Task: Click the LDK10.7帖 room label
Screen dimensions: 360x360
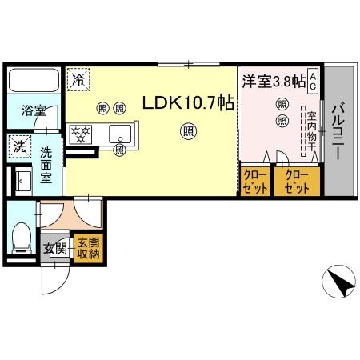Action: pyautogui.click(x=189, y=102)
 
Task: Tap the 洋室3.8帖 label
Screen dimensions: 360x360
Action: pyautogui.click(x=274, y=82)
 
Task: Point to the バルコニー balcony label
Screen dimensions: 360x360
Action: pyautogui.click(x=338, y=131)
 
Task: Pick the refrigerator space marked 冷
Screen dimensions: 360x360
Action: pyautogui.click(x=78, y=79)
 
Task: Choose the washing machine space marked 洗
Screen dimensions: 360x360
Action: pyautogui.click(x=20, y=146)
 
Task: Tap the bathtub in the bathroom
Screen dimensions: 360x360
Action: pyautogui.click(x=34, y=80)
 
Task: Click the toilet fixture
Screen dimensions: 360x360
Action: pyautogui.click(x=22, y=238)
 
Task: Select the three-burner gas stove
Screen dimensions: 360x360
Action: pyautogui.click(x=81, y=134)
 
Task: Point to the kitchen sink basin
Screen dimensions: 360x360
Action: pyautogui.click(x=120, y=134)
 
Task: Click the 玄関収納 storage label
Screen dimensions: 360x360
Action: pyautogui.click(x=88, y=249)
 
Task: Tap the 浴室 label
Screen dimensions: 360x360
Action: pyautogui.click(x=34, y=110)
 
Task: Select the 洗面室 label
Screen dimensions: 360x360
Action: pyautogui.click(x=46, y=166)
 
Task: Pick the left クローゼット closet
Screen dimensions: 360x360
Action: pyautogui.click(x=255, y=182)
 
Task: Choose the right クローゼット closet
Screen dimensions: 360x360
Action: pyautogui.click(x=297, y=182)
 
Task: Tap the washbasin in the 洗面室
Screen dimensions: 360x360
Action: pyautogui.click(x=23, y=181)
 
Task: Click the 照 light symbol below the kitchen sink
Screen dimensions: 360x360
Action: pyautogui.click(x=119, y=150)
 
